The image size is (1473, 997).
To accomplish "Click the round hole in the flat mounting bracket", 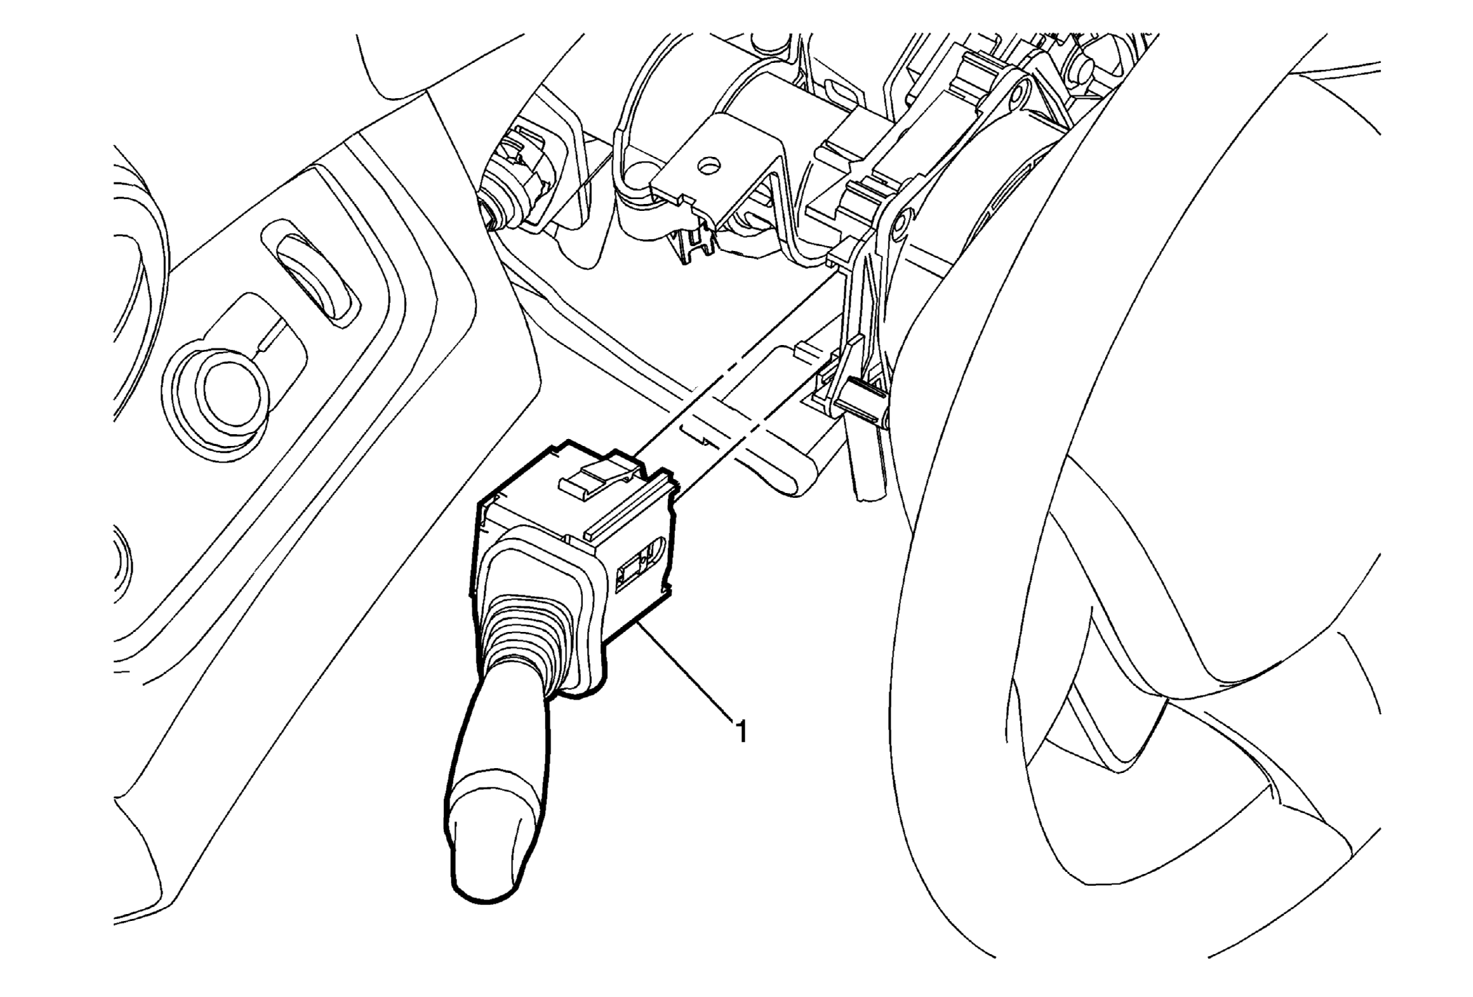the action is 708,166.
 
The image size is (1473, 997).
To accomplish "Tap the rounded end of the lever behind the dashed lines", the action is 795,477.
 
